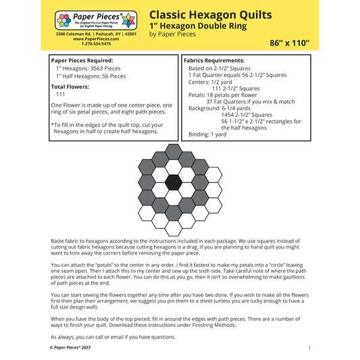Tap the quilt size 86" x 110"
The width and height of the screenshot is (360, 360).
[290, 42]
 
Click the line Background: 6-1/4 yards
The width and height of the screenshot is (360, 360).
[225, 108]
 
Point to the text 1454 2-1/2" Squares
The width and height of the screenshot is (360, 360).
[253, 115]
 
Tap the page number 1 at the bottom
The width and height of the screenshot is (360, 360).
[309, 347]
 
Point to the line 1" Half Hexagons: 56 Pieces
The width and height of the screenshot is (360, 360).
[91, 76]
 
